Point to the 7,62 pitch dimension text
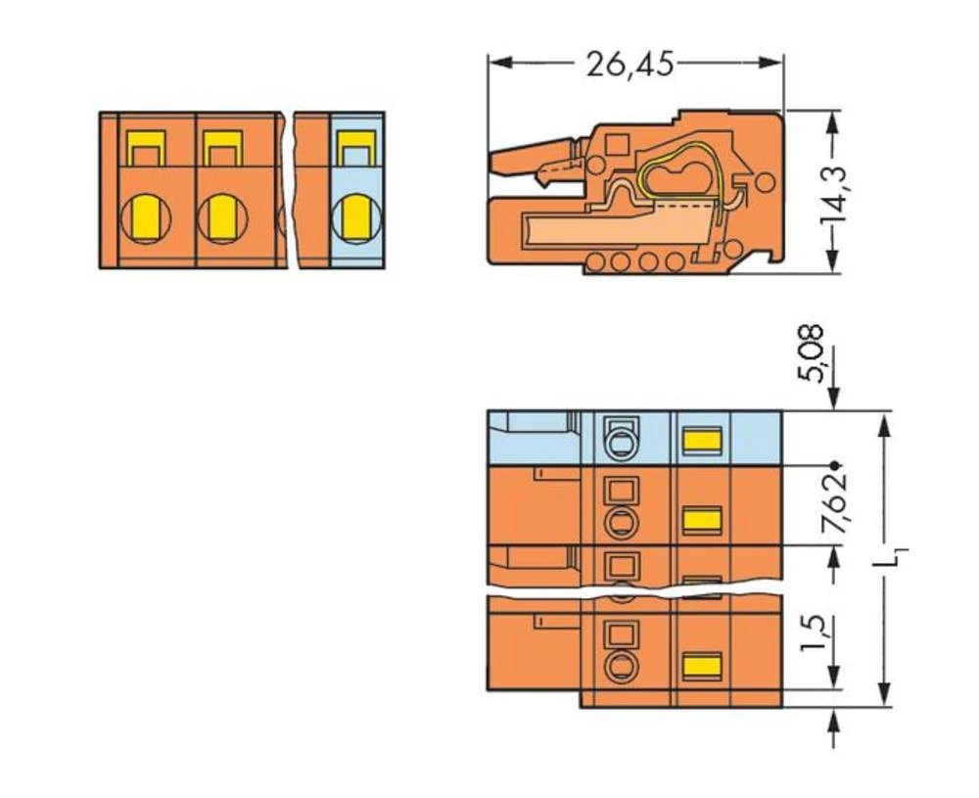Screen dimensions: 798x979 click(x=834, y=504)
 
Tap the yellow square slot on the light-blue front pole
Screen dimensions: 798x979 click(x=353, y=150)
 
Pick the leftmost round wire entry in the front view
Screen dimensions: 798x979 click(x=145, y=218)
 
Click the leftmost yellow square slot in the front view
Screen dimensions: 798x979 click(x=145, y=150)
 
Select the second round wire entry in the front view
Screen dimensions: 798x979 click(x=222, y=218)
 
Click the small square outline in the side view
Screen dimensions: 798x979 click(x=617, y=145)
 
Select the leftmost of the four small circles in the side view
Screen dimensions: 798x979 click(x=595, y=261)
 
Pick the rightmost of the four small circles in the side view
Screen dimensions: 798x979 click(x=674, y=261)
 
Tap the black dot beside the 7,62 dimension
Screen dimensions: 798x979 click(x=834, y=464)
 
